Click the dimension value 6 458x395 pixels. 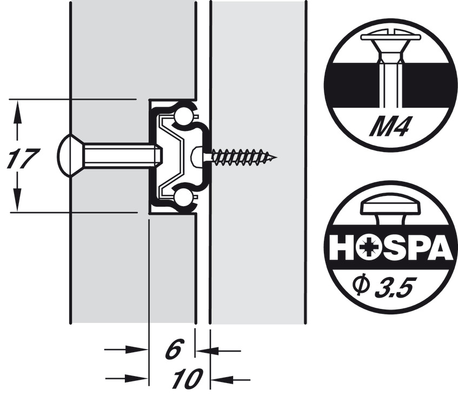pyautogui.click(x=175, y=349)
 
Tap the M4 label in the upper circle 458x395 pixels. pyautogui.click(x=388, y=126)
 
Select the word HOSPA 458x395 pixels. pyautogui.click(x=390, y=248)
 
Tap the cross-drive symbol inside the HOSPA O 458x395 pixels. pyautogui.click(x=368, y=248)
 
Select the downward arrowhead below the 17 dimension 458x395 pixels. pyautogui.click(x=17, y=200)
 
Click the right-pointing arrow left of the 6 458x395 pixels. pyautogui.click(x=126, y=350)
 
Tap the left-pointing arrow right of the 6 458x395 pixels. pyautogui.click(x=218, y=350)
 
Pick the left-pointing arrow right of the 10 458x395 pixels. pyautogui.click(x=231, y=380)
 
